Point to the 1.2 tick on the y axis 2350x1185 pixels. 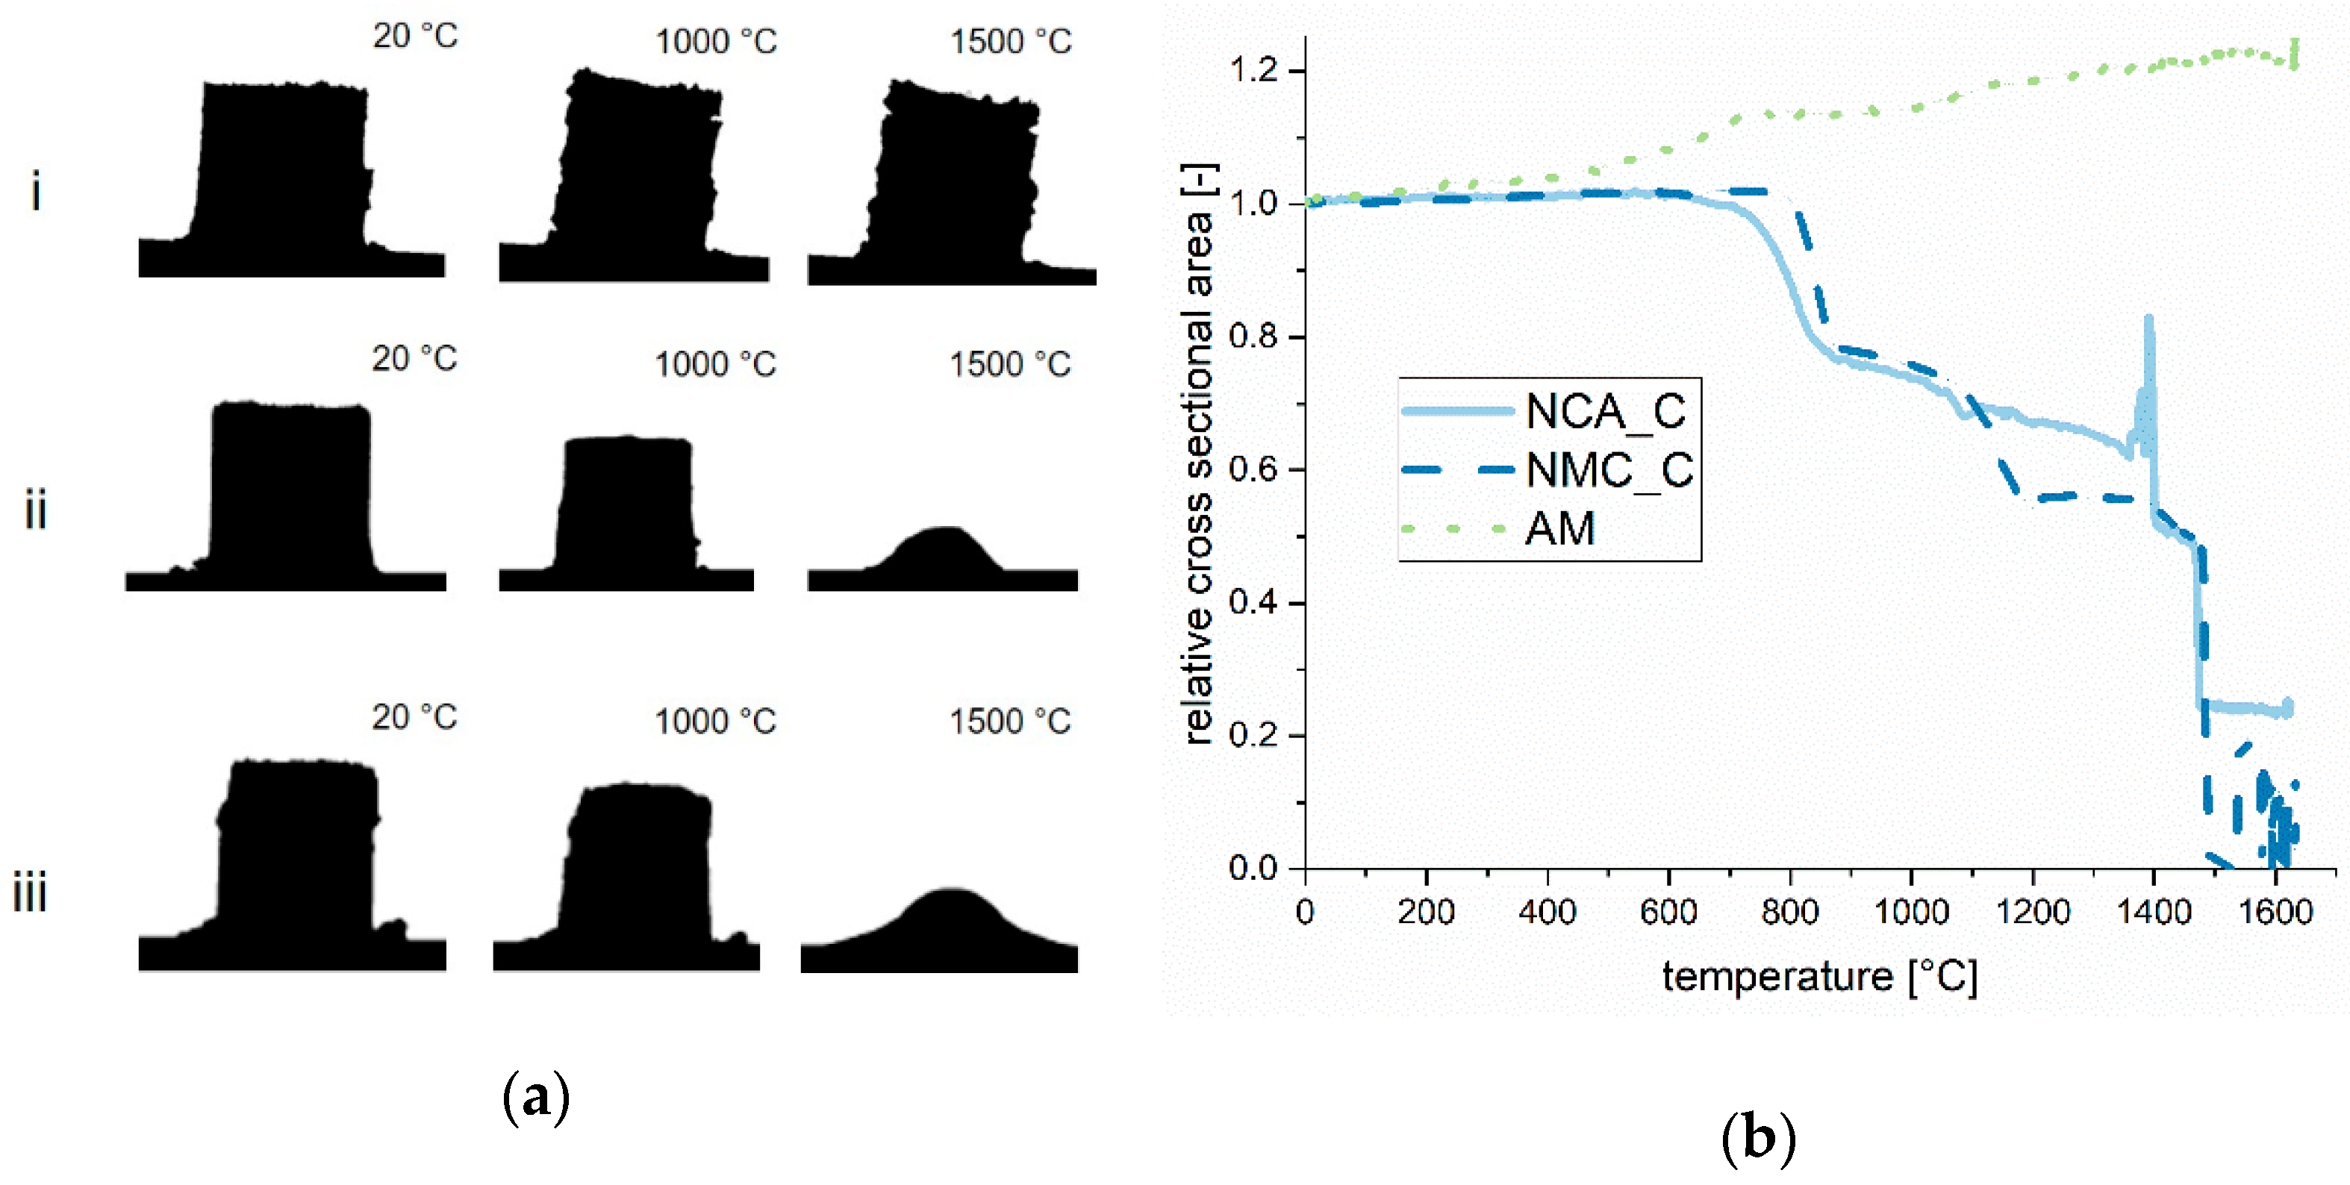click(x=1256, y=69)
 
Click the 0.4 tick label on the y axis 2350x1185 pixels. click(x=1256, y=603)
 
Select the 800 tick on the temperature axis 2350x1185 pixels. click(x=1790, y=911)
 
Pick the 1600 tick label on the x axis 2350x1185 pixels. click(x=2275, y=911)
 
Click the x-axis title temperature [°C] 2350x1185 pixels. click(x=1819, y=976)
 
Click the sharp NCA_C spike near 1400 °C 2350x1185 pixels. click(x=2149, y=328)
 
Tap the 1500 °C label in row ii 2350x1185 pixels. click(x=1010, y=364)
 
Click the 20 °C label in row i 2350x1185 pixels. click(x=415, y=36)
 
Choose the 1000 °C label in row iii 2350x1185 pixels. click(x=715, y=722)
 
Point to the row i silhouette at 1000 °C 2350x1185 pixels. click(x=638, y=173)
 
